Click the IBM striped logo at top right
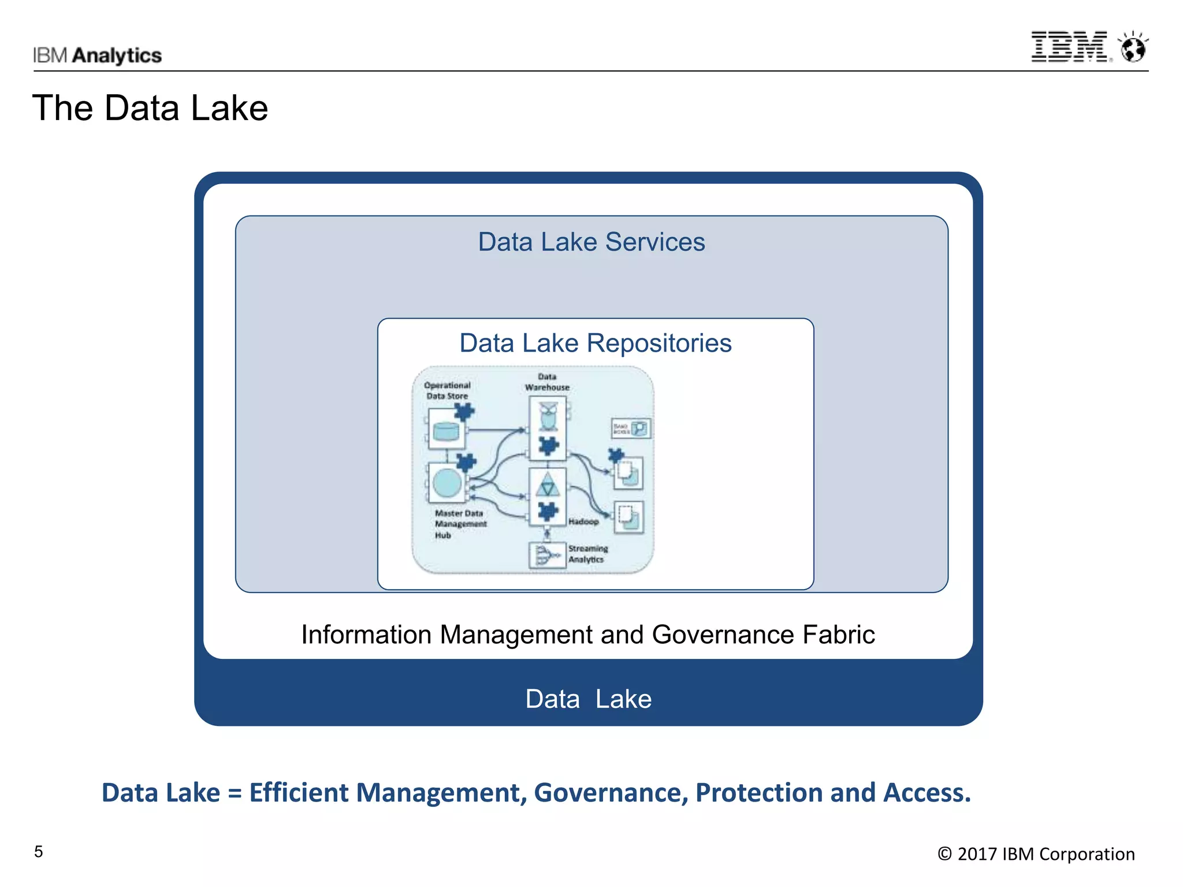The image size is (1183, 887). (x=1069, y=47)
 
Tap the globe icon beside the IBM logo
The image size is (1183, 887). (x=1133, y=47)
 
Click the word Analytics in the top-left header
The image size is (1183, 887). (x=117, y=55)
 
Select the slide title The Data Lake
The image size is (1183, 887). (x=150, y=108)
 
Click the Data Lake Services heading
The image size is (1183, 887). (x=591, y=242)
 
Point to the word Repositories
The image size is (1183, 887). (x=659, y=343)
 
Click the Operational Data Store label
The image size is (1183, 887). (x=447, y=390)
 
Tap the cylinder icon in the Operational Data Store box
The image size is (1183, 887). (x=445, y=431)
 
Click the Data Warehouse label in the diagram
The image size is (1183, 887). (x=547, y=382)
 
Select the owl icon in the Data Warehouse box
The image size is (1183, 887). (x=548, y=416)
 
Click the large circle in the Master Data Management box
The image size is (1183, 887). (x=447, y=482)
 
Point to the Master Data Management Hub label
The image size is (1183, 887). (x=460, y=524)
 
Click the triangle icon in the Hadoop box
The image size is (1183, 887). (x=547, y=484)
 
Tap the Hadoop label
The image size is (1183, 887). (x=583, y=521)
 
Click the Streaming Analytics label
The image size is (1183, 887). (x=587, y=554)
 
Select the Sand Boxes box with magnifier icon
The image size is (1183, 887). (x=631, y=428)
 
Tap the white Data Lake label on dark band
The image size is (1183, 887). (x=588, y=699)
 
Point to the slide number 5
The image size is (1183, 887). (x=39, y=852)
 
